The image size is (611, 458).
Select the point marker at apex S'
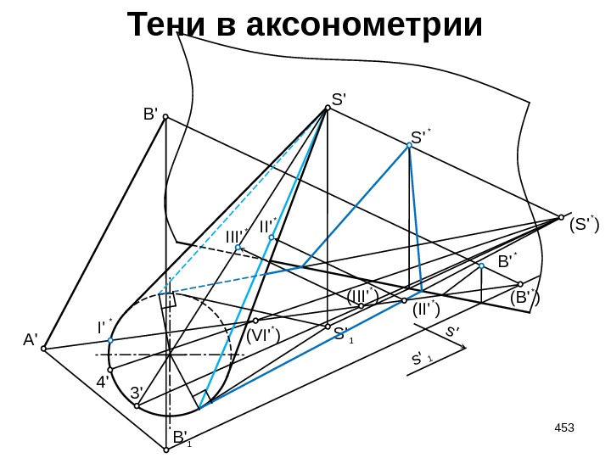tap(327, 108)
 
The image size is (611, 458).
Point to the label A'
tap(31, 340)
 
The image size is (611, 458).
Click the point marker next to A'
tap(44, 348)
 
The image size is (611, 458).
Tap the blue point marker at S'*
tap(408, 146)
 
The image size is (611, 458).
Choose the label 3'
tap(137, 393)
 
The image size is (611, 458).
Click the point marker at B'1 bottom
tap(166, 450)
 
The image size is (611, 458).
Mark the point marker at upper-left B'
tap(166, 117)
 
